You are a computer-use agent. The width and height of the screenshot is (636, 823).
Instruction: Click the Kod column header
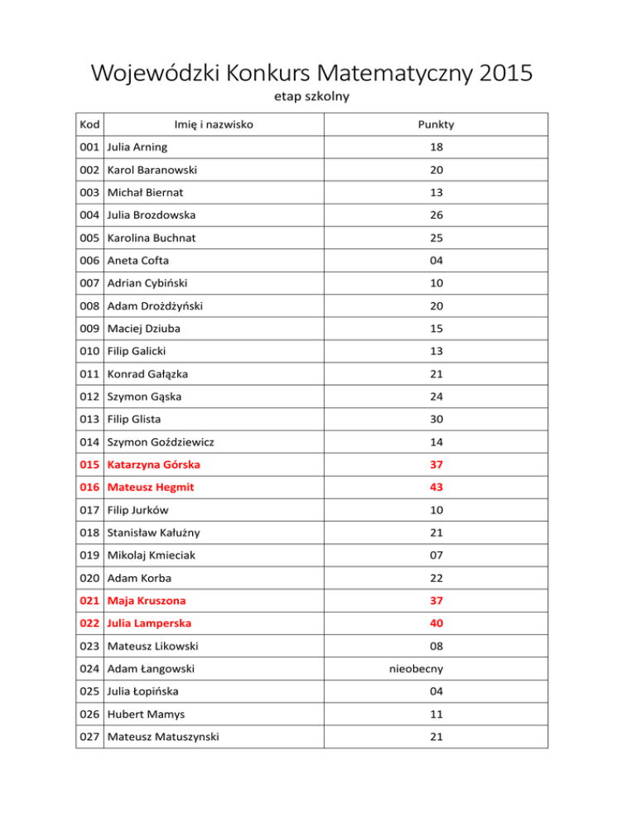click(x=90, y=125)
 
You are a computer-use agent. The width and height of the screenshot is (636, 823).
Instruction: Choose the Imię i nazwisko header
click(x=213, y=125)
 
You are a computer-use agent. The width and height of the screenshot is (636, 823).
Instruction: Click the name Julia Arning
click(x=137, y=147)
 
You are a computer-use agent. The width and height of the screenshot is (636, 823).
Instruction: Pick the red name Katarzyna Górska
click(x=153, y=464)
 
